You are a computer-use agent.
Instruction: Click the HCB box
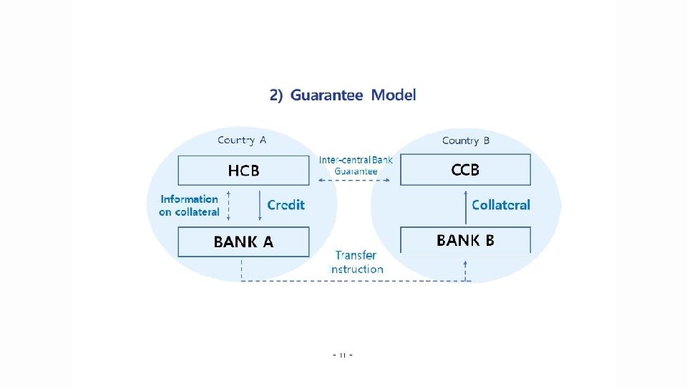tap(243, 171)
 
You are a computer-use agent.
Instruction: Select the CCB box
tap(465, 171)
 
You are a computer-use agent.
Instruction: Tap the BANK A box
tap(243, 242)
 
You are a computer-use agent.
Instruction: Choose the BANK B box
tap(465, 240)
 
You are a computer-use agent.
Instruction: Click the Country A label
tap(242, 140)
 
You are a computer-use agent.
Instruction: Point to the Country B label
tap(466, 140)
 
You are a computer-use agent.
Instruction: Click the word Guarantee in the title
tap(326, 95)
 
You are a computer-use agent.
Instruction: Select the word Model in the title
tap(394, 95)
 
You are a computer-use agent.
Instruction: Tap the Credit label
tap(286, 205)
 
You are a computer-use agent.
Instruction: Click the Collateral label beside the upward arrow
tap(501, 205)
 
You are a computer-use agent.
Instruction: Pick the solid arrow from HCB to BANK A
tap(260, 206)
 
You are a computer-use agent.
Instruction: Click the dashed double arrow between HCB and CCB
tap(355, 181)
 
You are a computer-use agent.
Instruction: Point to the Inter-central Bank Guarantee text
tap(356, 166)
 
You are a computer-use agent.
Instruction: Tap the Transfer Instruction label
tap(356, 262)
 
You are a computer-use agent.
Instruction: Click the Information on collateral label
tap(189, 206)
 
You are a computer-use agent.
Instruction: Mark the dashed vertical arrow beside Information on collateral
tap(228, 206)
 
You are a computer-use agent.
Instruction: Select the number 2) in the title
tap(276, 95)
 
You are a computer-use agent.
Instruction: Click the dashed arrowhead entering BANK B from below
tap(465, 264)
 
